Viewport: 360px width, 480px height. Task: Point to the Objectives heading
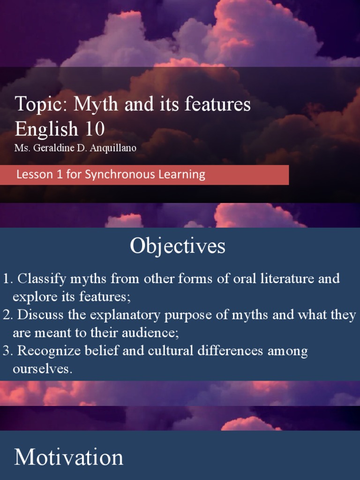(178, 246)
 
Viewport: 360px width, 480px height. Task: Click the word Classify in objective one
(41, 279)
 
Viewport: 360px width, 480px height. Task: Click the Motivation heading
(69, 457)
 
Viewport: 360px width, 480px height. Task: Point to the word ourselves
(43, 369)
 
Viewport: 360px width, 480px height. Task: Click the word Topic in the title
(38, 104)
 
